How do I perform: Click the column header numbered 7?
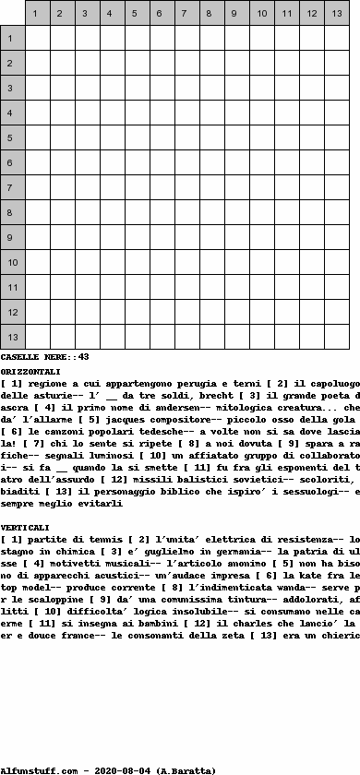click(x=186, y=14)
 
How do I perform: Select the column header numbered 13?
click(x=336, y=14)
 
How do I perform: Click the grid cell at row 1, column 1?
click(x=37, y=38)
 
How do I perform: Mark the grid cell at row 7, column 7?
click(x=186, y=187)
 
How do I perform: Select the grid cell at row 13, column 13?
click(x=336, y=337)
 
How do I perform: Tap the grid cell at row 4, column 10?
click(x=261, y=113)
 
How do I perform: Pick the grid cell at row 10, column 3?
click(x=87, y=262)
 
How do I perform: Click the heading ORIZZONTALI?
click(x=30, y=370)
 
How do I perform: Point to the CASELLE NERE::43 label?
click(x=44, y=356)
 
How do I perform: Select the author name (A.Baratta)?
click(x=186, y=769)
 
